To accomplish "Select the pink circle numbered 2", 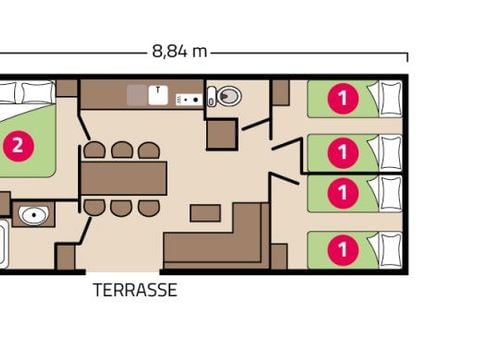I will (17, 145).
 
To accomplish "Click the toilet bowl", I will (226, 97).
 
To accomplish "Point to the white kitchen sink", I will (158, 94).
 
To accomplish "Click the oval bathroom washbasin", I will (34, 214).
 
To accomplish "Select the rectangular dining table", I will (124, 178).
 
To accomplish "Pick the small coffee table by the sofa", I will (205, 213).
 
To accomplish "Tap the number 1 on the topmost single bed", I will (343, 98).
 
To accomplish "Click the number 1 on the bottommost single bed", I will (343, 246).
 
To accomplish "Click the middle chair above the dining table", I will (122, 150).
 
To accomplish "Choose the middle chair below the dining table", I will (122, 207).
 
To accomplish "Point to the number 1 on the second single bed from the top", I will (343, 152).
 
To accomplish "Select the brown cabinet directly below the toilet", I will (221, 134).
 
